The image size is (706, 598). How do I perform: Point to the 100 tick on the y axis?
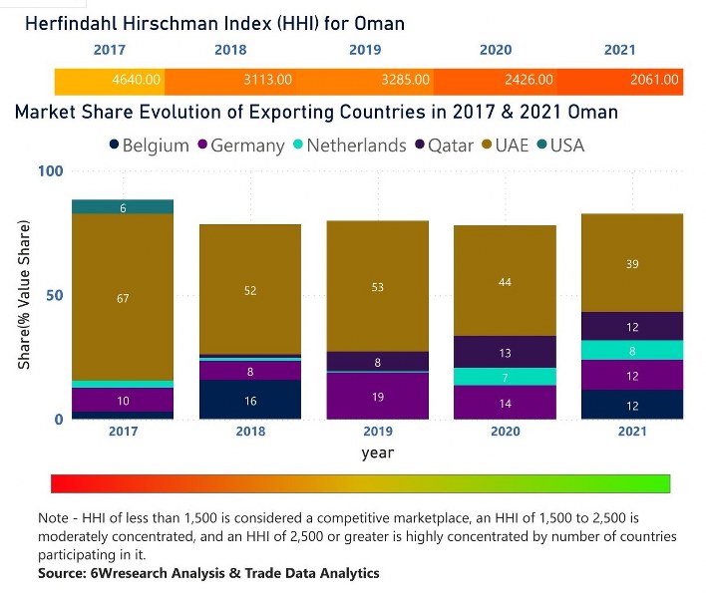click(x=50, y=171)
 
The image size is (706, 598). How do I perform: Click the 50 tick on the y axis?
click(x=54, y=295)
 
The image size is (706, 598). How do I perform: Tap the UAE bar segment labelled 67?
click(x=123, y=297)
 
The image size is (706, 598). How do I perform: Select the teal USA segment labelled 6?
click(x=123, y=207)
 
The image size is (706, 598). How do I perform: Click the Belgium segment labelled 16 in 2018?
click(x=250, y=400)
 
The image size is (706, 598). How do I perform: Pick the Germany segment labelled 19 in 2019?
click(x=378, y=396)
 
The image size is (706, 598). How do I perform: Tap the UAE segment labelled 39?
click(x=632, y=263)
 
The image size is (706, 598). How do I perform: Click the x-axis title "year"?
click(x=378, y=452)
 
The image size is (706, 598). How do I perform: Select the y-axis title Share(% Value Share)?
click(x=24, y=295)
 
